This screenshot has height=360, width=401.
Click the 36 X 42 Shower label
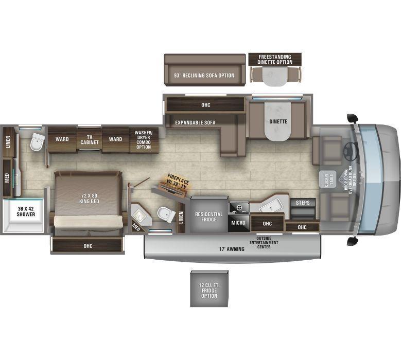pos(26,211)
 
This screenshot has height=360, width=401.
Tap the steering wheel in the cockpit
pos(351,149)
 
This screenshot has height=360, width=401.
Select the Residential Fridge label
pos(208,217)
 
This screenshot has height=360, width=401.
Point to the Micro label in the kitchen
pos(238,223)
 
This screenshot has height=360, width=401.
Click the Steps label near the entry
pos(303,203)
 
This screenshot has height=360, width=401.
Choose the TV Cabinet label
pos(90,139)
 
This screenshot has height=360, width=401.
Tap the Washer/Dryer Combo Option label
pos(144,140)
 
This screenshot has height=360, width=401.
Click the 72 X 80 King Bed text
pos(89,199)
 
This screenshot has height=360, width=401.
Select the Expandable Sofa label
pos(195,122)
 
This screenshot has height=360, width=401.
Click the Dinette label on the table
pos(278,121)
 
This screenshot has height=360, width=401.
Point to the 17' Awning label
pos(232,249)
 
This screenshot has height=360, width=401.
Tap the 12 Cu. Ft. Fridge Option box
pos(209,289)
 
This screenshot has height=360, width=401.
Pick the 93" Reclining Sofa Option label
pos(204,76)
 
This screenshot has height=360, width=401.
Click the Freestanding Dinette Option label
pos(275,60)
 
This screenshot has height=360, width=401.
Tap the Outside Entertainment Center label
pos(264,242)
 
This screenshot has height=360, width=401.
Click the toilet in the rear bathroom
pos(38,141)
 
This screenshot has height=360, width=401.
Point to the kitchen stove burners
pos(239,208)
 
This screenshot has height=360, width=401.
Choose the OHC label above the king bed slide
pos(88,246)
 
